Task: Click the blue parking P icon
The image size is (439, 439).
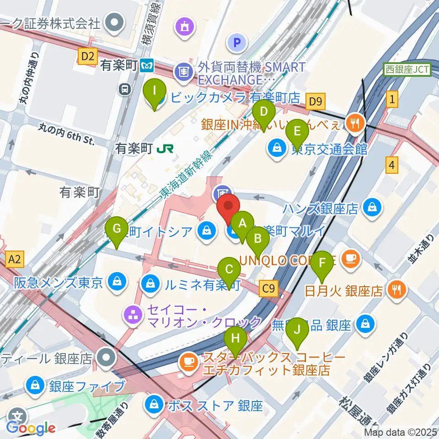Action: [237, 43]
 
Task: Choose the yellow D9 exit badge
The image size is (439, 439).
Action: [316, 101]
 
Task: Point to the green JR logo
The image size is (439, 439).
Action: [162, 149]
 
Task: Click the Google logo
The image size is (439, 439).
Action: [31, 428]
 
